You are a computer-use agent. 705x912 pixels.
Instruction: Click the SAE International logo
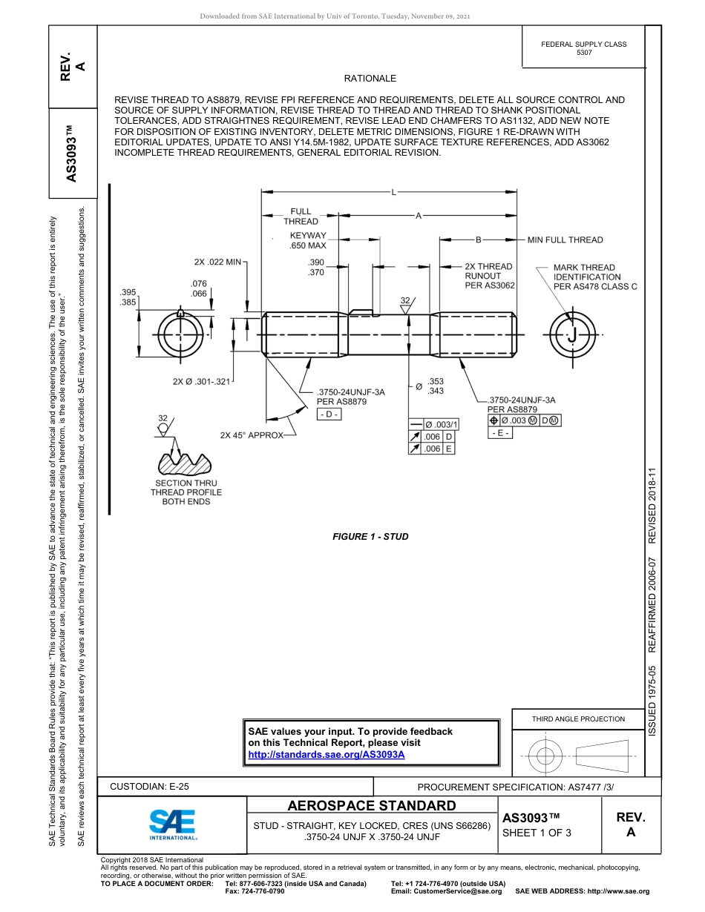[x=172, y=823]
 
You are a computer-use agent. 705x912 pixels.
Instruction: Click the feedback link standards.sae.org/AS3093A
[x=326, y=754]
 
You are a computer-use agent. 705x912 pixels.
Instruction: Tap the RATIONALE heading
[x=370, y=79]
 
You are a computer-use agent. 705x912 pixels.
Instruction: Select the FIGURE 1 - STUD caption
[x=370, y=537]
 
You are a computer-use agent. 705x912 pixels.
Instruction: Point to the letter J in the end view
[x=571, y=336]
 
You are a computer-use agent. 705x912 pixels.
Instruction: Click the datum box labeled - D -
[x=328, y=414]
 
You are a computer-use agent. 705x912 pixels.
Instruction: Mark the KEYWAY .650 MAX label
[x=308, y=240]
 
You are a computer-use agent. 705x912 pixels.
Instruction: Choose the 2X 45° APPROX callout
[x=252, y=435]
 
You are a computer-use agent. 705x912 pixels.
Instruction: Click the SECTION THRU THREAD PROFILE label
[x=186, y=492]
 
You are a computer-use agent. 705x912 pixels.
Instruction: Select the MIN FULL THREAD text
[x=565, y=240]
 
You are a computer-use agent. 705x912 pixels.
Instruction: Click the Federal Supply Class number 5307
[x=584, y=53]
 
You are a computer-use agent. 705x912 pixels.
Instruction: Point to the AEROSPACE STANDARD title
[x=372, y=806]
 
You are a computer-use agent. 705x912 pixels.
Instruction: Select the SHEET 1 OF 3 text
[x=537, y=832]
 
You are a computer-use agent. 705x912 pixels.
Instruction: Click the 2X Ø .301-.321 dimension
[x=202, y=381]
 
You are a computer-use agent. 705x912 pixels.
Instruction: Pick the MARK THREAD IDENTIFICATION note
[x=595, y=277]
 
